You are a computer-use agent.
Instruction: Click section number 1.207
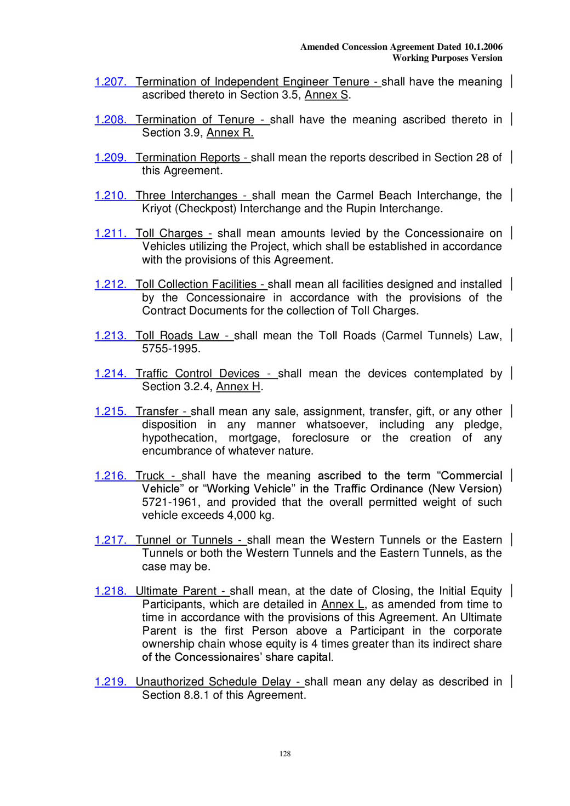pos(110,82)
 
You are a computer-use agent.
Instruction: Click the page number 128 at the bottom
pos(285,754)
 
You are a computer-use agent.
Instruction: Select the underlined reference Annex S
pos(326,95)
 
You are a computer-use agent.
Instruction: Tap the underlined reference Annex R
pos(230,133)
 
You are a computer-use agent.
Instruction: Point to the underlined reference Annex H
pos(238,387)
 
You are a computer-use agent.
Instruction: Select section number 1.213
pos(110,336)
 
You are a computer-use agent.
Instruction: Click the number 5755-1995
pos(171,349)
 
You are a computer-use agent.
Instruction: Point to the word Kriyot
pos(158,209)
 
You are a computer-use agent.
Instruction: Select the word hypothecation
pos(179,438)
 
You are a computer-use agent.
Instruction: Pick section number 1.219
pos(110,682)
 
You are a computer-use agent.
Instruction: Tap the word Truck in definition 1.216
pos(150,476)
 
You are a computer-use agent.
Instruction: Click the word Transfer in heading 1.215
pos(157,411)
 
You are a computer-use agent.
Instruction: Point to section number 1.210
pos(110,196)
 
